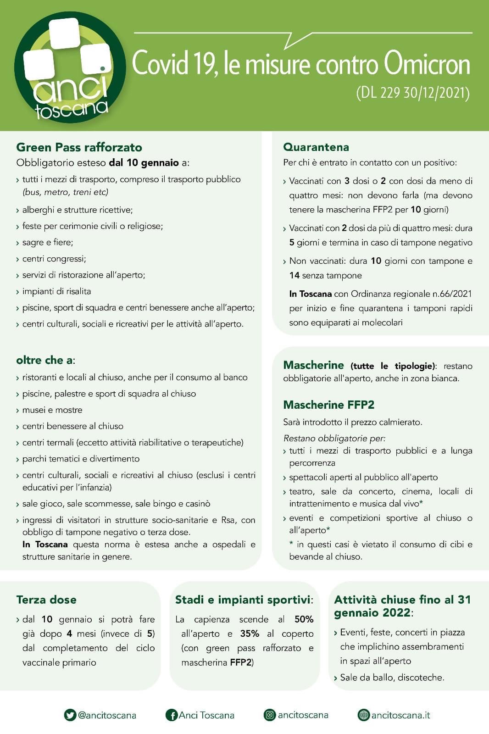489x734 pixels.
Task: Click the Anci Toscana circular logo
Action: click(x=70, y=68)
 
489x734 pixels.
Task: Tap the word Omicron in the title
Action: click(x=427, y=64)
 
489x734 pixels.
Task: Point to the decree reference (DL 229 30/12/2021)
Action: click(x=413, y=93)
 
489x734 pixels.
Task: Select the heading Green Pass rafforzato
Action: click(x=79, y=147)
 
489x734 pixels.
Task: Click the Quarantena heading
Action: click(x=316, y=147)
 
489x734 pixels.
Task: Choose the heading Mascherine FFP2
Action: click(x=328, y=405)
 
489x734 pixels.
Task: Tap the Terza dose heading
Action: click(x=46, y=600)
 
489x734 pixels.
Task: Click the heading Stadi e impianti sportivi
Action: click(x=244, y=600)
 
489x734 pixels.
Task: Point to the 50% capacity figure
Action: click(x=304, y=619)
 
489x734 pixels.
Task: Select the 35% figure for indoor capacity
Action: click(x=250, y=634)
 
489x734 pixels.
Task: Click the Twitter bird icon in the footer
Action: click(x=70, y=715)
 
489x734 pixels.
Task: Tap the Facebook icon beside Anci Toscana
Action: click(x=171, y=715)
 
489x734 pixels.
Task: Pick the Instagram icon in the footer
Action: click(x=270, y=715)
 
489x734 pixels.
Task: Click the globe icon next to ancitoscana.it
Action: click(x=363, y=715)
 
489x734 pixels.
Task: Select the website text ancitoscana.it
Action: click(x=400, y=715)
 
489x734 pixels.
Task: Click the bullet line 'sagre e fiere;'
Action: click(x=48, y=242)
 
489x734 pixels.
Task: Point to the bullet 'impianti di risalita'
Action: click(x=56, y=291)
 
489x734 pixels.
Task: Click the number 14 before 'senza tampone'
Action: click(x=294, y=275)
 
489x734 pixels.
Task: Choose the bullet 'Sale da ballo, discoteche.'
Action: click(x=392, y=678)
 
